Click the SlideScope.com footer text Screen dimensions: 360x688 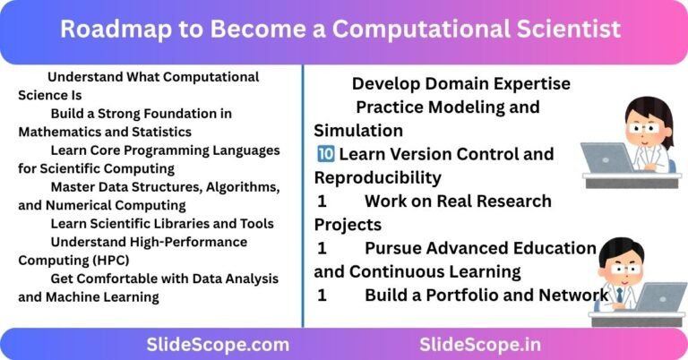[218, 344]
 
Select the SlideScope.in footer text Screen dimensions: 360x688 [480, 344]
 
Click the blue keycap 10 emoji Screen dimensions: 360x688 [323, 154]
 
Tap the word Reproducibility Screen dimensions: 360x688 [377, 177]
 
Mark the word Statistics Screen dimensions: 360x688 [160, 131]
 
